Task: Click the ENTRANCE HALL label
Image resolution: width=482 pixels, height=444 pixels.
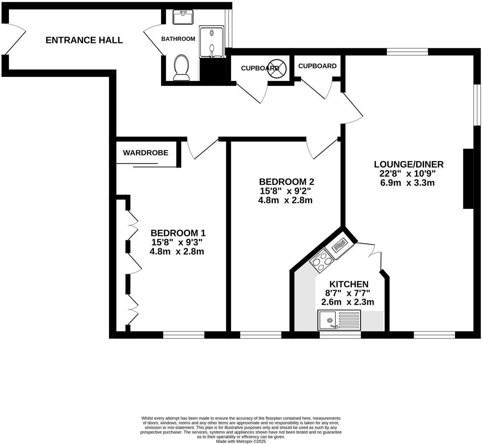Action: click(x=84, y=40)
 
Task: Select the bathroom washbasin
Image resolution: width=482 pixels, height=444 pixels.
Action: click(x=183, y=17)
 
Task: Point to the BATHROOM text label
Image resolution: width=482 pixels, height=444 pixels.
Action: click(x=178, y=39)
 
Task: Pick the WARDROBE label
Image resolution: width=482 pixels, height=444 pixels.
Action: click(x=145, y=153)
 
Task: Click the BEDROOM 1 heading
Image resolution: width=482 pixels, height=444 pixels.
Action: click(x=178, y=233)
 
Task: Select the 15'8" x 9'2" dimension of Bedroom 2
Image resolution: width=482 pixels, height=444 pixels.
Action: click(x=285, y=191)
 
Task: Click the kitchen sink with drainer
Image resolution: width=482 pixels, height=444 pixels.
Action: click(x=339, y=320)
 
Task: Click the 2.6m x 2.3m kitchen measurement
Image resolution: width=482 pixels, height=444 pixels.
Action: click(x=347, y=302)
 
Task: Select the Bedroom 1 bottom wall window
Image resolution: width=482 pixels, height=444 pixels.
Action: click(x=184, y=335)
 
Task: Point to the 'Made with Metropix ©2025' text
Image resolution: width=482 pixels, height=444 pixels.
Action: click(x=241, y=441)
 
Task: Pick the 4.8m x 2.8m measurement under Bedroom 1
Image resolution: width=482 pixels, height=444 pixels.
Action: click(x=177, y=252)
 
